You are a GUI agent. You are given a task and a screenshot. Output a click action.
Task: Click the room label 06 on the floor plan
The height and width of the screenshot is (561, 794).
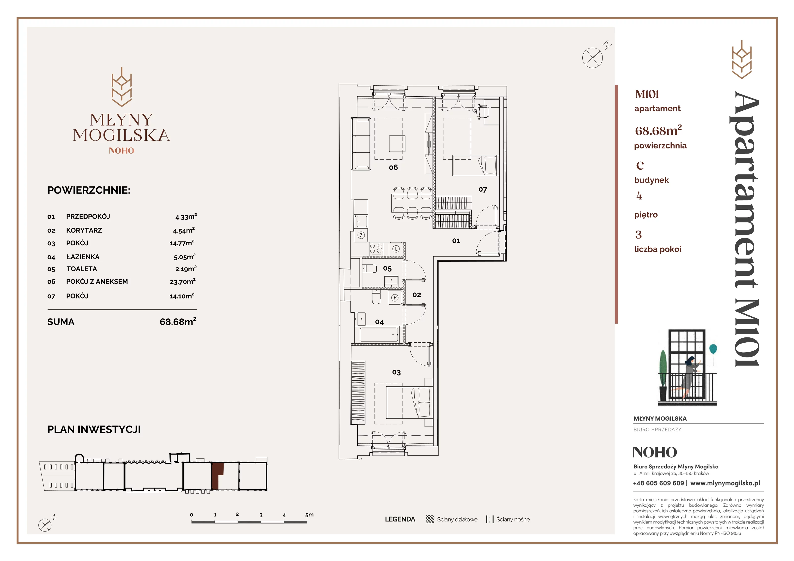[393, 167]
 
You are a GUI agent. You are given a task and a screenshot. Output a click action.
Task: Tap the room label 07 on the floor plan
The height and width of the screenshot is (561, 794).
[483, 190]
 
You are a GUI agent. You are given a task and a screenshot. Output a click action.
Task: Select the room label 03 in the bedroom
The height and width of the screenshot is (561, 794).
[396, 372]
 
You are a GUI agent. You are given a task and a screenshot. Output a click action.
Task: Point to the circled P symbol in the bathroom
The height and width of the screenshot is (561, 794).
[395, 297]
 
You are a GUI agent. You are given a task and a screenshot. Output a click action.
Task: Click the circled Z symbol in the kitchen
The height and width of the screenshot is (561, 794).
[361, 235]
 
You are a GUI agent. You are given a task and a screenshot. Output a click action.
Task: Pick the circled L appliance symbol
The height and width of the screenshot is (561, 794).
[396, 249]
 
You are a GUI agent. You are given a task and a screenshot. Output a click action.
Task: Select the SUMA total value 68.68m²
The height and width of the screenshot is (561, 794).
[178, 321]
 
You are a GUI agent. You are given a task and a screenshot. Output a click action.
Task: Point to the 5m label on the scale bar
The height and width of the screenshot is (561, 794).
[309, 515]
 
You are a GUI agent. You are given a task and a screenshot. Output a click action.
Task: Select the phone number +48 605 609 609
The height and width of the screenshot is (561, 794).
[659, 483]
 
